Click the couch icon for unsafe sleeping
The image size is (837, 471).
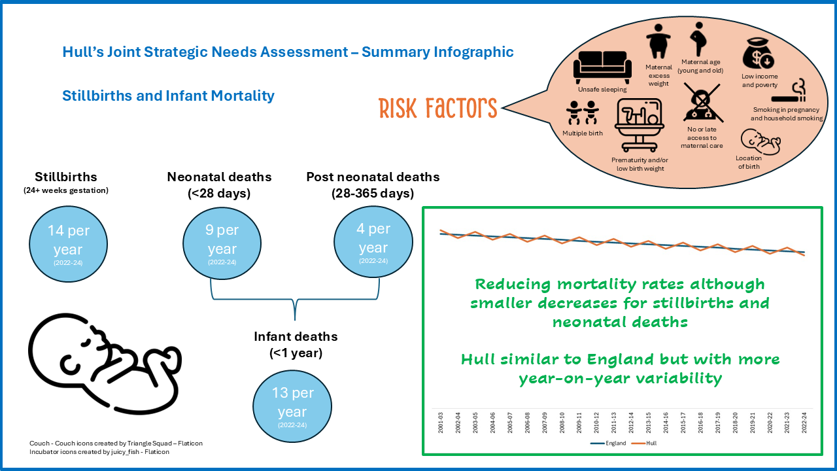[x=602, y=67]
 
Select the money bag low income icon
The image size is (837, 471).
[x=759, y=54]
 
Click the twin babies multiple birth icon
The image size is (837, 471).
[x=583, y=113]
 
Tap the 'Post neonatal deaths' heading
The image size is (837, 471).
[x=373, y=177]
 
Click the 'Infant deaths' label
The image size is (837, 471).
[x=296, y=336]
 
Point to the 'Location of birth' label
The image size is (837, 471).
[x=749, y=162]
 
